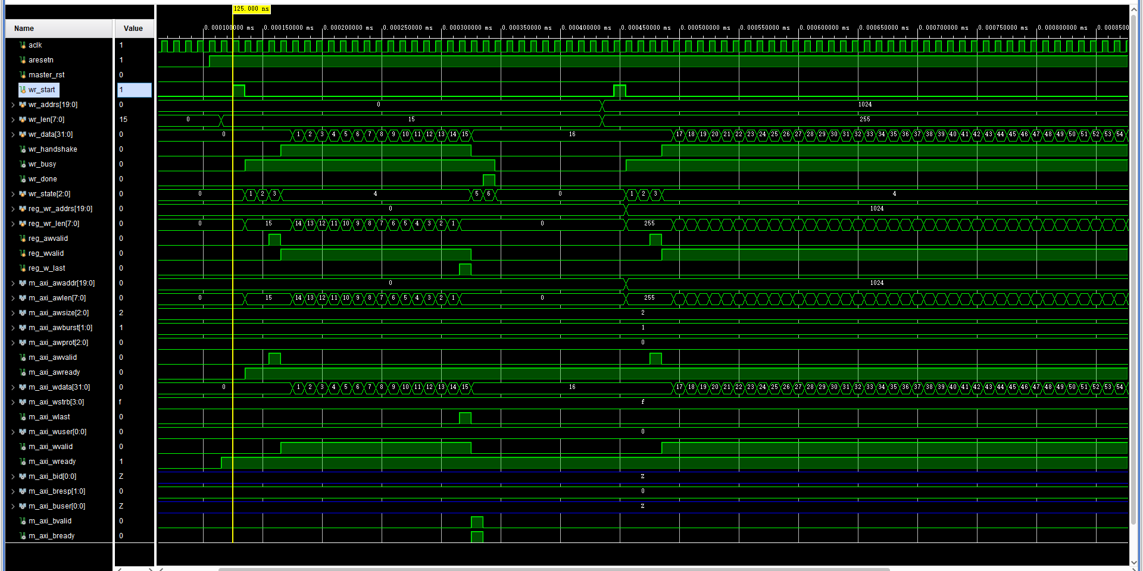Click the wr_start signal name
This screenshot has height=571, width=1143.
coord(42,90)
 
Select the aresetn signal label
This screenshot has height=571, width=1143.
coord(40,60)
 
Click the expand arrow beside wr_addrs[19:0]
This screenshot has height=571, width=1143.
coord(13,105)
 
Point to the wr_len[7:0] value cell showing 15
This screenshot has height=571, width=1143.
coord(124,120)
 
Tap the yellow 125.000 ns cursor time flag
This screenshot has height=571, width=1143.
coord(251,9)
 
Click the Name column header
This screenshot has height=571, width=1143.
coord(24,29)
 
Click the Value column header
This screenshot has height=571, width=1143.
coord(133,29)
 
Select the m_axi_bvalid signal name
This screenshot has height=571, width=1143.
coord(50,521)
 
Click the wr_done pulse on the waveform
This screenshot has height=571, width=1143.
coord(489,180)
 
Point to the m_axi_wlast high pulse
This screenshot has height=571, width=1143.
coord(465,418)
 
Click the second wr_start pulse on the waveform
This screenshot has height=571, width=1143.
coord(620,90)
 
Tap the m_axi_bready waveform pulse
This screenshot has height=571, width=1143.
coord(477,537)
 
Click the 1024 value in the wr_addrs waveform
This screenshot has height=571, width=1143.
coord(865,105)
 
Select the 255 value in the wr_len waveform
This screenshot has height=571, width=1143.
coord(865,120)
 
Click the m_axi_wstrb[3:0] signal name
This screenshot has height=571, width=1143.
coord(56,402)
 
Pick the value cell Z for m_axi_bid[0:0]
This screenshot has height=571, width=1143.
coord(121,476)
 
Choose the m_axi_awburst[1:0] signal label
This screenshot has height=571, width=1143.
coord(60,328)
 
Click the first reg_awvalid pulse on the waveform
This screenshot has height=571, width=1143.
coord(274,239)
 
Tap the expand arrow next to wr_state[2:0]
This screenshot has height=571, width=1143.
coord(13,194)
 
